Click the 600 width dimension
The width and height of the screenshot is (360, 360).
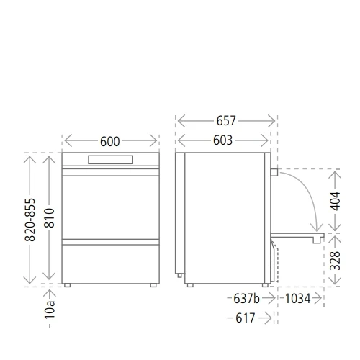click(110, 141)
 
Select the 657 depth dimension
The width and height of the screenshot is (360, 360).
click(226, 121)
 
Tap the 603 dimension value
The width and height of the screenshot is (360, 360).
click(222, 140)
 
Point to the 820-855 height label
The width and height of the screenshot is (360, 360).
click(30, 220)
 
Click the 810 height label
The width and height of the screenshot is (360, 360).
click(50, 218)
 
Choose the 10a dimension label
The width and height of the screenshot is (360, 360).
click(50, 310)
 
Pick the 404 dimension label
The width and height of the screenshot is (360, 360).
click(335, 201)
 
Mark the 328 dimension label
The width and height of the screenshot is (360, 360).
click(335, 261)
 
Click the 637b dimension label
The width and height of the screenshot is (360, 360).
click(246, 299)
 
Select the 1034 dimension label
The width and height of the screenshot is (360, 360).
click(297, 299)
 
